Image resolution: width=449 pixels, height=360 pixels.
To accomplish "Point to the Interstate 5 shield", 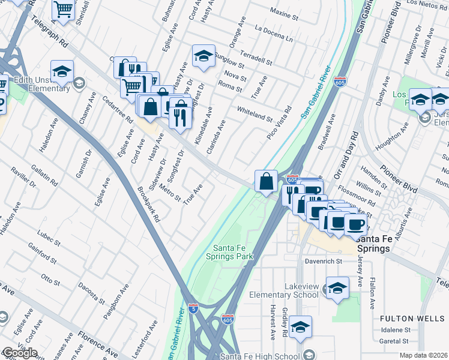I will point(193,308).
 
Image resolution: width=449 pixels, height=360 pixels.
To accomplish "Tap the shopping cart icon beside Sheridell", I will point(63,10).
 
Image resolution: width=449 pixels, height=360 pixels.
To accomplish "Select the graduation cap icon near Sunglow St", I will point(203,56).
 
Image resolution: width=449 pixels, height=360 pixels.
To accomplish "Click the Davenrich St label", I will point(321,262).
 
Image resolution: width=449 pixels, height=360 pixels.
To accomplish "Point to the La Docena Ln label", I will point(274,34).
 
